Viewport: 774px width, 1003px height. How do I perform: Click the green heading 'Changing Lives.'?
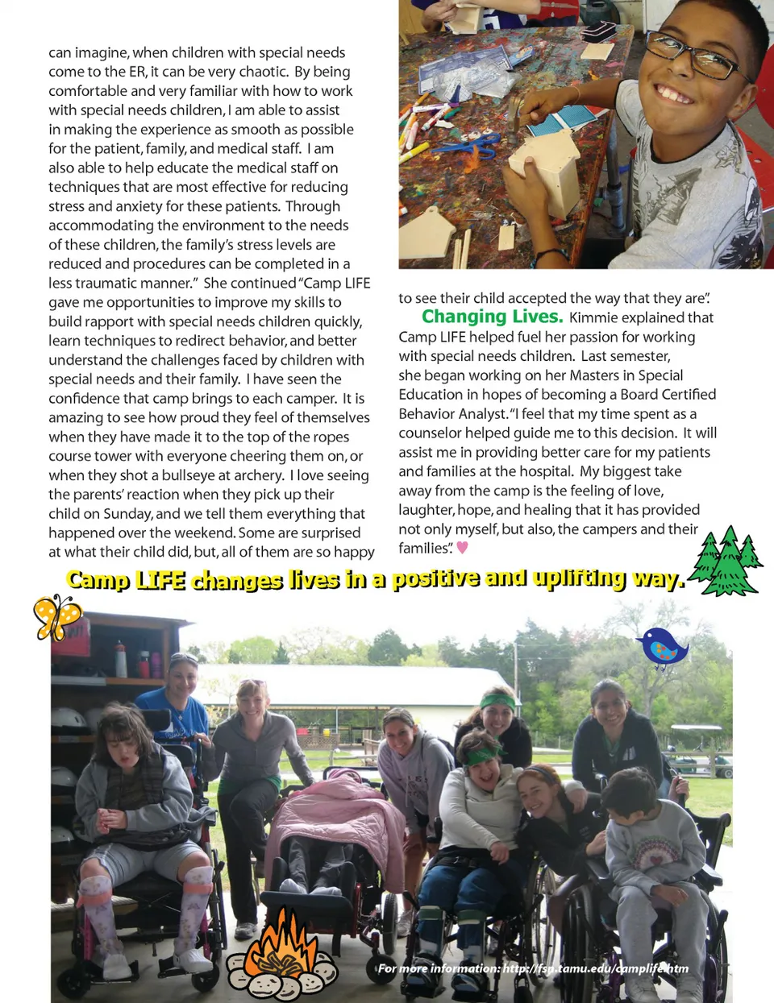point(492,317)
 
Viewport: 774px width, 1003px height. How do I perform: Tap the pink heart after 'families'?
point(462,548)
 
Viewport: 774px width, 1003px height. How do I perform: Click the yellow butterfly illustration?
point(56,617)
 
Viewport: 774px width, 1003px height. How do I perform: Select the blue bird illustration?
point(663,648)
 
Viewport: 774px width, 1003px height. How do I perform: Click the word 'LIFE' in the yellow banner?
point(160,580)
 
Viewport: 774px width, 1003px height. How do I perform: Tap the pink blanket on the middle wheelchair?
point(339,814)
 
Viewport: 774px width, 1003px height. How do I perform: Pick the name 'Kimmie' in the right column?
point(593,317)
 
